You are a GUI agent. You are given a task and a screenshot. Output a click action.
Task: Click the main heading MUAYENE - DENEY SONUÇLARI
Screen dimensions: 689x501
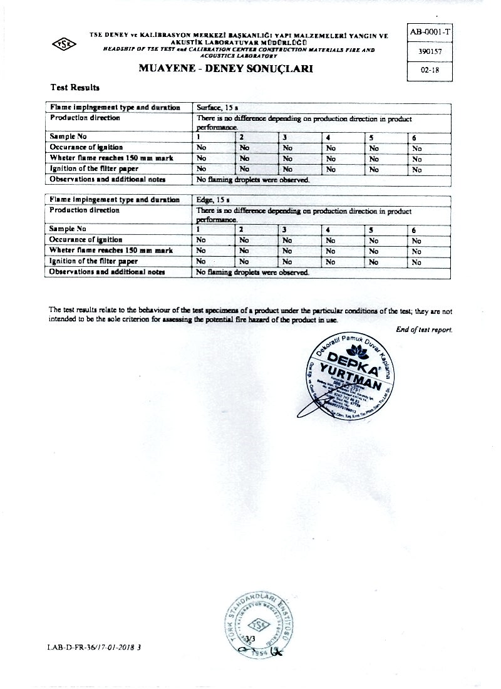tap(225, 69)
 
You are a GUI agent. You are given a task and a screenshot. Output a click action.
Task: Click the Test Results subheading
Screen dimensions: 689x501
tap(75, 88)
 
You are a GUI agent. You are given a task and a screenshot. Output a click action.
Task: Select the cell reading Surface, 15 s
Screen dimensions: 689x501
tap(214, 108)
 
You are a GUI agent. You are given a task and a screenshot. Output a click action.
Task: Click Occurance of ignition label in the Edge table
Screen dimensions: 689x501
tap(86, 240)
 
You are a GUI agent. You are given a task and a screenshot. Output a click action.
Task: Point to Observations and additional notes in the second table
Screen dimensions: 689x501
tap(108, 272)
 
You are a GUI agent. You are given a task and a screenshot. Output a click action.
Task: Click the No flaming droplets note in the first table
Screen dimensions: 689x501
tap(253, 180)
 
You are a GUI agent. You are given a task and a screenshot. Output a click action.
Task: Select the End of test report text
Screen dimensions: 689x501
tap(424, 329)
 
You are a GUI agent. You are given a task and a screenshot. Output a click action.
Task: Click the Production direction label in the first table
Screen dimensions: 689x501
tap(85, 118)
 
